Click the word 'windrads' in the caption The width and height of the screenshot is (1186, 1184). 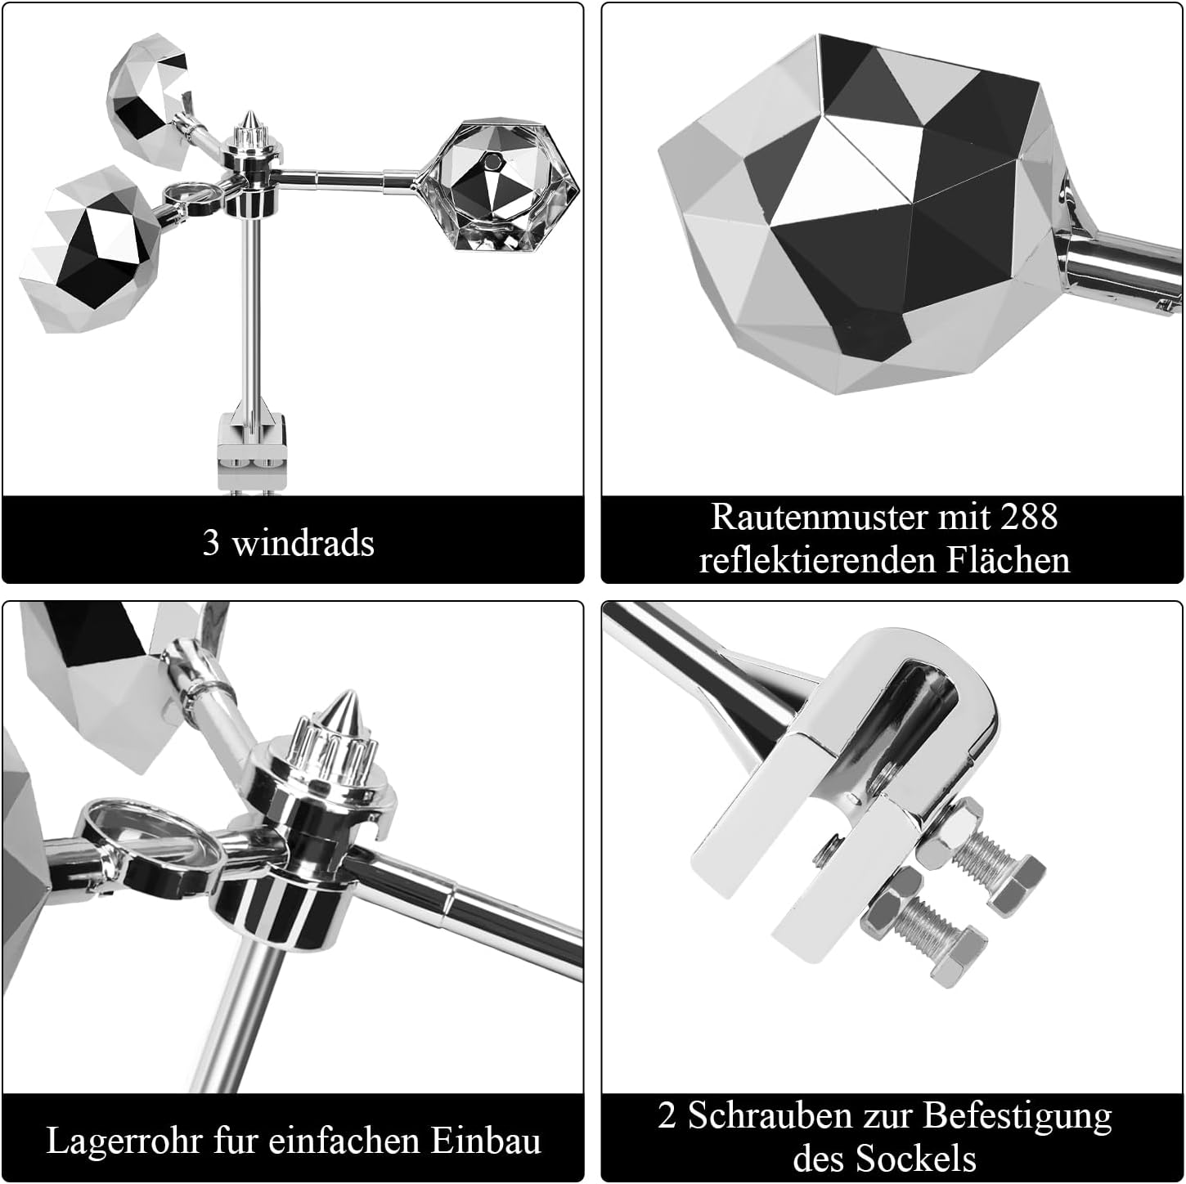pyautogui.click(x=303, y=543)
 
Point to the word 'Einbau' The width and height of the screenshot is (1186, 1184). pyautogui.click(x=486, y=1141)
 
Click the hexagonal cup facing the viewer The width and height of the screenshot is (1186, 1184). pyautogui.click(x=496, y=186)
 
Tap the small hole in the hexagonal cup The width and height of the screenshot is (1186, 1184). pyautogui.click(x=492, y=162)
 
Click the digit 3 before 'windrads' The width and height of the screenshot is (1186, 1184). pyautogui.click(x=211, y=543)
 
